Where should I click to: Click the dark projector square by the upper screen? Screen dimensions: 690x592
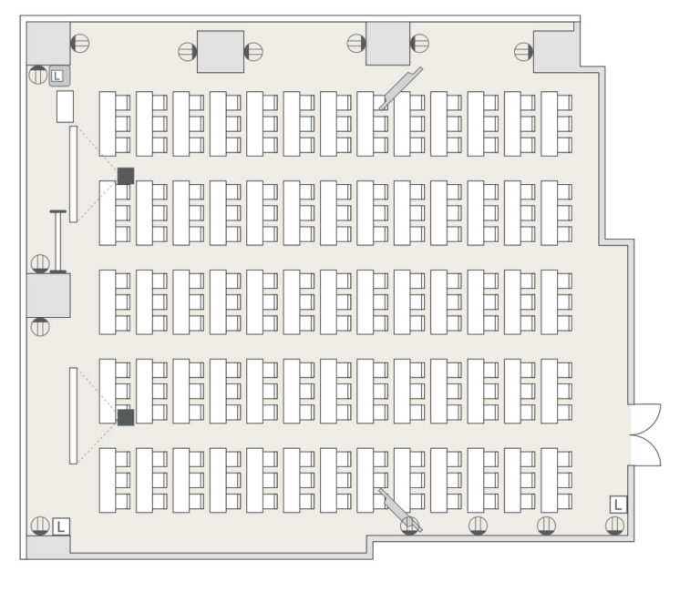[x=126, y=176]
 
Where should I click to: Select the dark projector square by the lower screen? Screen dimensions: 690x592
[x=126, y=417]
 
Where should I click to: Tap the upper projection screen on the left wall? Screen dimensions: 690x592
[x=73, y=174]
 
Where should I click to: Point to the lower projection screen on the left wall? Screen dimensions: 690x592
[x=73, y=415]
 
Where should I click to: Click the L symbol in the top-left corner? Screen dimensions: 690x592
[x=57, y=77]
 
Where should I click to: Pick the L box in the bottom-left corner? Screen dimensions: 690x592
[x=61, y=526]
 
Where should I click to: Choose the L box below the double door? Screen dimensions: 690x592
[x=618, y=505]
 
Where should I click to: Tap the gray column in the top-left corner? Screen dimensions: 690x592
[x=48, y=44]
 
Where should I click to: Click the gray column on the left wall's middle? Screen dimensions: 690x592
[x=48, y=296]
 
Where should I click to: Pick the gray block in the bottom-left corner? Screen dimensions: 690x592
[x=48, y=547]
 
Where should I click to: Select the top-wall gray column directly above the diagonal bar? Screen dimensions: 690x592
[x=387, y=44]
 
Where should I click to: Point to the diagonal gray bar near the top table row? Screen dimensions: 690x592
[x=401, y=88]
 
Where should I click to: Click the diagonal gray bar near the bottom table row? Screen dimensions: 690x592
[x=400, y=510]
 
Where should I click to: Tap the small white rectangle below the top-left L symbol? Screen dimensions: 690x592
[x=65, y=107]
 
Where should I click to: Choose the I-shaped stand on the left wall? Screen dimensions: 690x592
[x=57, y=242]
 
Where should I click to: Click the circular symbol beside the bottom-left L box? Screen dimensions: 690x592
[x=40, y=526]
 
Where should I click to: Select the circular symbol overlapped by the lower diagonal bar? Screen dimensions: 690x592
[x=410, y=526]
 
